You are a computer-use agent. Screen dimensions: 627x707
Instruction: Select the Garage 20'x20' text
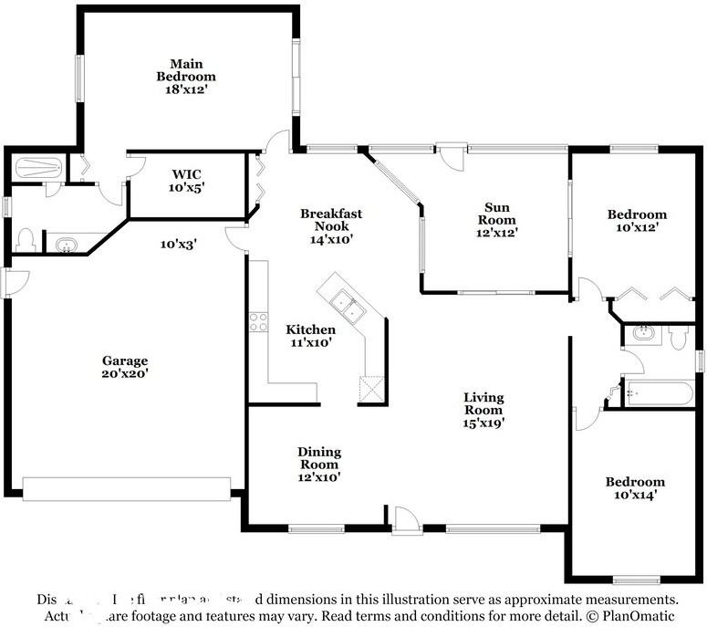tap(125, 366)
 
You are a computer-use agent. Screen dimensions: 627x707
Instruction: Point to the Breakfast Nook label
tap(331, 225)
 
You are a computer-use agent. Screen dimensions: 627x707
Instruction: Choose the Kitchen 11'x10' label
tap(310, 336)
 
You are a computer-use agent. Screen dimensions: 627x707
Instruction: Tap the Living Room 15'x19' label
tap(483, 410)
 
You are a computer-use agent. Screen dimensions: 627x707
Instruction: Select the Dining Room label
tap(319, 464)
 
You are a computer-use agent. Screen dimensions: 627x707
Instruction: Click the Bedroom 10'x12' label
tap(637, 221)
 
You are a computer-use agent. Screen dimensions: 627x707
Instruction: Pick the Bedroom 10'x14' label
tap(635, 488)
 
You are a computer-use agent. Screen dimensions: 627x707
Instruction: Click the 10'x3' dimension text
tap(179, 245)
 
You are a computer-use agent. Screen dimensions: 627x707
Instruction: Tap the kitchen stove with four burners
tap(258, 321)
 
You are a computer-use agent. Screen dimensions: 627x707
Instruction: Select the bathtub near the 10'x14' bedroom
tap(658, 394)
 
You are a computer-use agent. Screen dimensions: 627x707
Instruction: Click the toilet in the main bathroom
tap(26, 240)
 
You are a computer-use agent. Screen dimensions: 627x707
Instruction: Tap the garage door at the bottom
tap(127, 488)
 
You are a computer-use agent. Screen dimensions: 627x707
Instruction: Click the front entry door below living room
tap(407, 521)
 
